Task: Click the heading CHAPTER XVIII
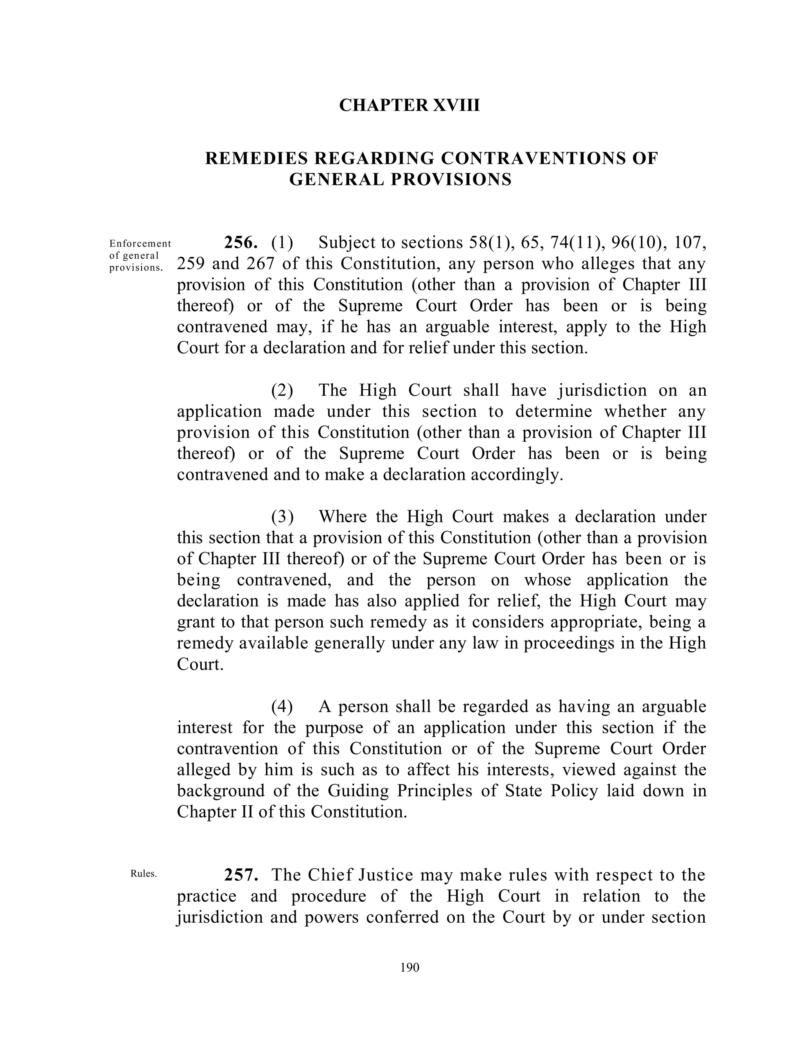pyautogui.click(x=409, y=105)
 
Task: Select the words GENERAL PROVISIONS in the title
pyautogui.click(x=400, y=180)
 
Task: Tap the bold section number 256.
pyautogui.click(x=241, y=243)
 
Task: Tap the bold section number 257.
pyautogui.click(x=241, y=875)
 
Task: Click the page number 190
pyautogui.click(x=409, y=968)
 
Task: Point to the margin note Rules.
pyautogui.click(x=143, y=874)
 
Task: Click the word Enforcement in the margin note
pyautogui.click(x=140, y=243)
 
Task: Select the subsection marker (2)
pyautogui.click(x=282, y=390)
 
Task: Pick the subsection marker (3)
pyautogui.click(x=282, y=517)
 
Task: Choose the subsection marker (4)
pyautogui.click(x=282, y=706)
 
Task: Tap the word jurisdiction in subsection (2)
pyautogui.click(x=602, y=390)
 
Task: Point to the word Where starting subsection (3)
pyautogui.click(x=343, y=517)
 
